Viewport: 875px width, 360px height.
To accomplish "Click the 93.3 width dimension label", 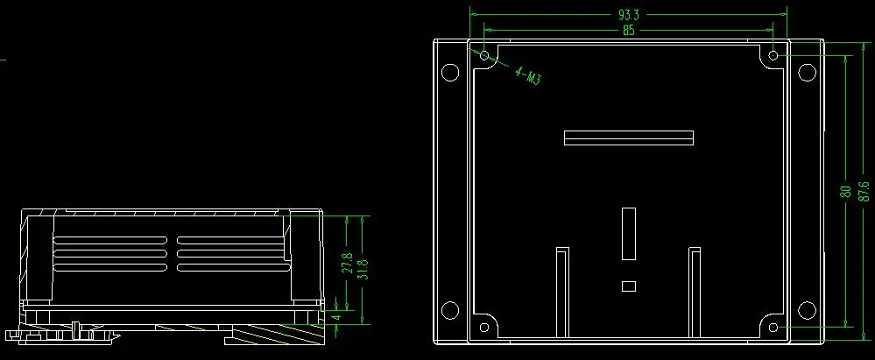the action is click(628, 15).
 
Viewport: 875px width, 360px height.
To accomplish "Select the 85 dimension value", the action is click(629, 31).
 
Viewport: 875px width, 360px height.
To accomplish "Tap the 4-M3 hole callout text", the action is click(527, 75).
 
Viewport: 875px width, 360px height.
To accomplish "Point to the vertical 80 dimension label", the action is click(846, 192).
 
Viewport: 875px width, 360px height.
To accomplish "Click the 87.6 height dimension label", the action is click(864, 191).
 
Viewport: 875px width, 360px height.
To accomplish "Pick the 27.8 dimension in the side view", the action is click(348, 263).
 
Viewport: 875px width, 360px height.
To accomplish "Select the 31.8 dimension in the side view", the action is click(362, 269).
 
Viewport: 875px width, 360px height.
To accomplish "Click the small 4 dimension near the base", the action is click(336, 317).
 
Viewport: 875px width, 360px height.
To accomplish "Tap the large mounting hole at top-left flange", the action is click(450, 72).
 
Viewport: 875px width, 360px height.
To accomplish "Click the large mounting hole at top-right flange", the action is click(807, 72).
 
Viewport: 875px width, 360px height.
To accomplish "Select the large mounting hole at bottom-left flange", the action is click(450, 310).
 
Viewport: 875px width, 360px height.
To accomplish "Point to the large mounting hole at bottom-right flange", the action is click(807, 310).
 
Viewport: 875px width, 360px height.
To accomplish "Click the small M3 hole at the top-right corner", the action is click(773, 55).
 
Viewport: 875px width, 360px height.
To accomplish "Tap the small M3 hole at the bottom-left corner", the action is click(483, 327).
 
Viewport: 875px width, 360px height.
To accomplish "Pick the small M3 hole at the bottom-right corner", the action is click(773, 327).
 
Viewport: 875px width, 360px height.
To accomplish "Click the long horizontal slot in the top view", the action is click(629, 138).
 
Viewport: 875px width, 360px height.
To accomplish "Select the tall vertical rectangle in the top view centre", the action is click(629, 234).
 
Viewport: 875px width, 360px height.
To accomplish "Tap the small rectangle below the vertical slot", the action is click(629, 286).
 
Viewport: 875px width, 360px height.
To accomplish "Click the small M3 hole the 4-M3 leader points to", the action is click(484, 55).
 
